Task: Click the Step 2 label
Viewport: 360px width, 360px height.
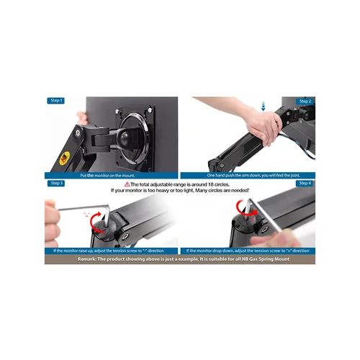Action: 305,102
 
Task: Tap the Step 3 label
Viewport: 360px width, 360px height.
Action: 57,183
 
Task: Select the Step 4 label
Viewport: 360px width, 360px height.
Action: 305,183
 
